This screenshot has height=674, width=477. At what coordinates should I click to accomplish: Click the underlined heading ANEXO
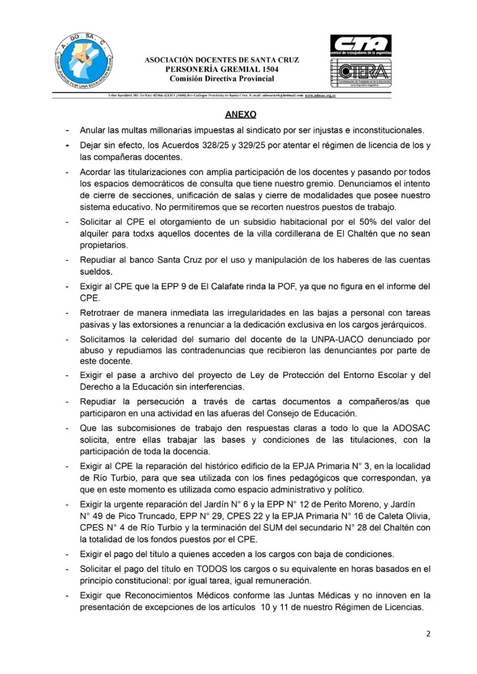[x=240, y=114]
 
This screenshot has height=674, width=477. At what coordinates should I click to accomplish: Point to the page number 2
[x=428, y=633]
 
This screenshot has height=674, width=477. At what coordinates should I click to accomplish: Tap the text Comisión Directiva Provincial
[x=222, y=79]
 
